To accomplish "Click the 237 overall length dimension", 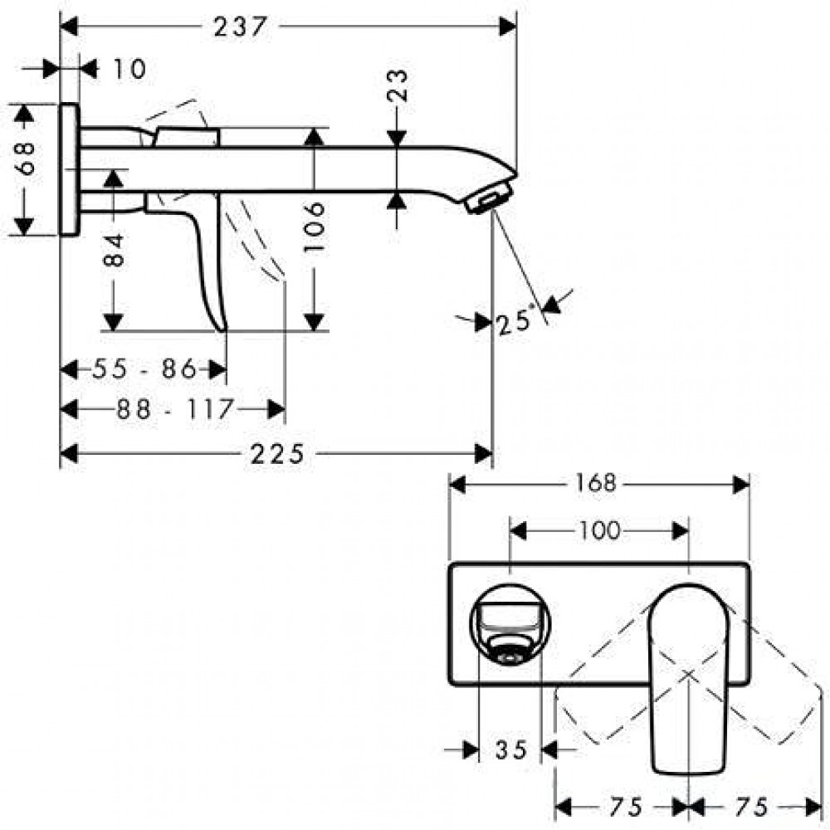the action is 240,27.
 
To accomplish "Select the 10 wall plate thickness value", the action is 129,70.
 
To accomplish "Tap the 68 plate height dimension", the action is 25,158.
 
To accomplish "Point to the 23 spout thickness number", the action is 398,85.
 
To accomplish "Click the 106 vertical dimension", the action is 314,227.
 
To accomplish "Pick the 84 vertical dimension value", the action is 114,251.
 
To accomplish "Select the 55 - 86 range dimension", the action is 144,369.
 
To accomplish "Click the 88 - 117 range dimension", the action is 174,409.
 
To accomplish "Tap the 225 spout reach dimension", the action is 277,454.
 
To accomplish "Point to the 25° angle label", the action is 514,322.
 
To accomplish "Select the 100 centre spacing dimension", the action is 600,531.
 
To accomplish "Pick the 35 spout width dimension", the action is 511,749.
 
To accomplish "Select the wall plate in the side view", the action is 70,169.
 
